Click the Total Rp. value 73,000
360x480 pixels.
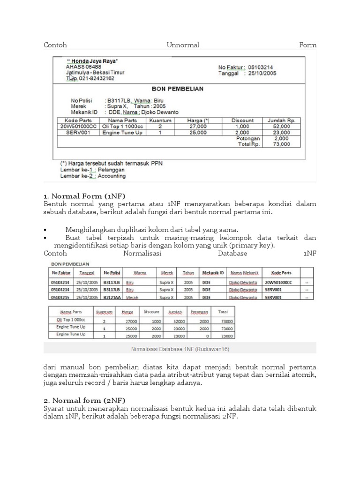282,144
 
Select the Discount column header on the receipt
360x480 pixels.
242,120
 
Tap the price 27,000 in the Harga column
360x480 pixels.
198,127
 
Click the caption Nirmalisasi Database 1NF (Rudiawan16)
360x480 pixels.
180,349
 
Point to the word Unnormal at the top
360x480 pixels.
183,45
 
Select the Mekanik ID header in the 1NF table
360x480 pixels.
213,273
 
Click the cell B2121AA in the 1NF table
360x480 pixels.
112,297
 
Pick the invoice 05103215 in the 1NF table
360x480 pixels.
61,297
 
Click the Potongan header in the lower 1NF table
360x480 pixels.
199,312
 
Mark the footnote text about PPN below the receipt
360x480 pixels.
112,164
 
